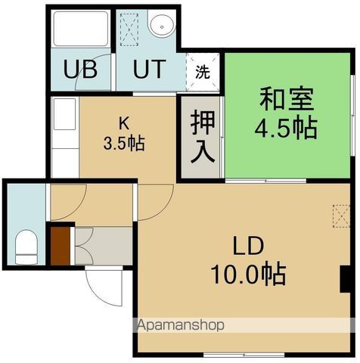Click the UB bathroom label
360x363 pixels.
[x=80, y=70]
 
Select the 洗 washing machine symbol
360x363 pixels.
[x=203, y=73]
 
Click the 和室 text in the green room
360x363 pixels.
[x=287, y=99]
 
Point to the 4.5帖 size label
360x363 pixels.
[x=287, y=127]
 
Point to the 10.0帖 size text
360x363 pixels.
[x=247, y=274]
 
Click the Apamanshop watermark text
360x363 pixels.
[x=180, y=326]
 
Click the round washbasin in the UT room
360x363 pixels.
[x=160, y=26]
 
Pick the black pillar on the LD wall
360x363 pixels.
[x=344, y=278]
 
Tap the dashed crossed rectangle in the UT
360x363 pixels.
[x=129, y=29]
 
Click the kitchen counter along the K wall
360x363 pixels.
[x=64, y=136]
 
